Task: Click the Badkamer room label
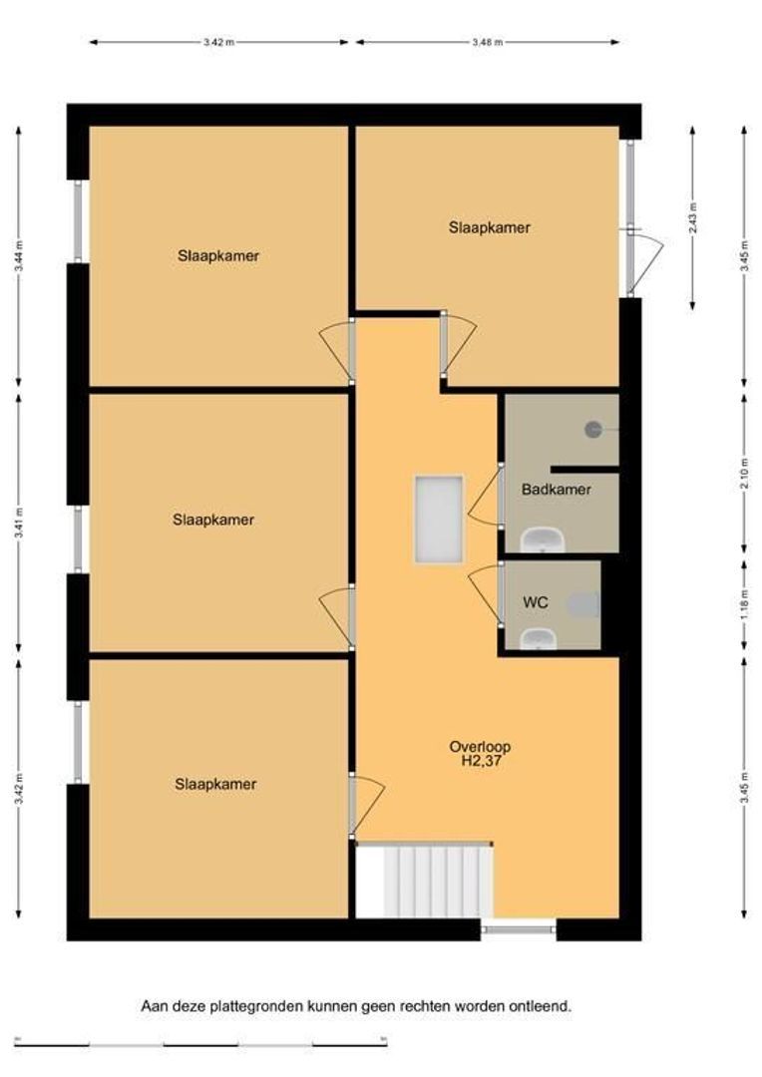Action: pyautogui.click(x=556, y=490)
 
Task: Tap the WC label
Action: pyautogui.click(x=536, y=602)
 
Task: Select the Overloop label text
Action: pyautogui.click(x=480, y=747)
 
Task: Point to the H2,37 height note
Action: pyautogui.click(x=481, y=760)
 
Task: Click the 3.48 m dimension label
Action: pyautogui.click(x=487, y=42)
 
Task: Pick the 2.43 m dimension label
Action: pyautogui.click(x=692, y=217)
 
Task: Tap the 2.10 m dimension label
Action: pyautogui.click(x=745, y=472)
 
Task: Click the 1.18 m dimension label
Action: pyautogui.click(x=745, y=604)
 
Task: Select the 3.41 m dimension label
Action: pyautogui.click(x=19, y=523)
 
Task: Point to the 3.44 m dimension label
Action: pyautogui.click(x=19, y=256)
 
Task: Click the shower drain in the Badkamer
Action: pyautogui.click(x=593, y=430)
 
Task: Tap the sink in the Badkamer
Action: pyautogui.click(x=543, y=539)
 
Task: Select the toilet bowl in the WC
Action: pyautogui.click(x=584, y=604)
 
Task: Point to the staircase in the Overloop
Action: pyautogui.click(x=424, y=881)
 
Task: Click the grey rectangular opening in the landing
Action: pyautogui.click(x=439, y=520)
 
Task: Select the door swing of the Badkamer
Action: pyautogui.click(x=485, y=496)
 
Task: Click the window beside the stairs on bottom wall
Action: pyautogui.click(x=518, y=929)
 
